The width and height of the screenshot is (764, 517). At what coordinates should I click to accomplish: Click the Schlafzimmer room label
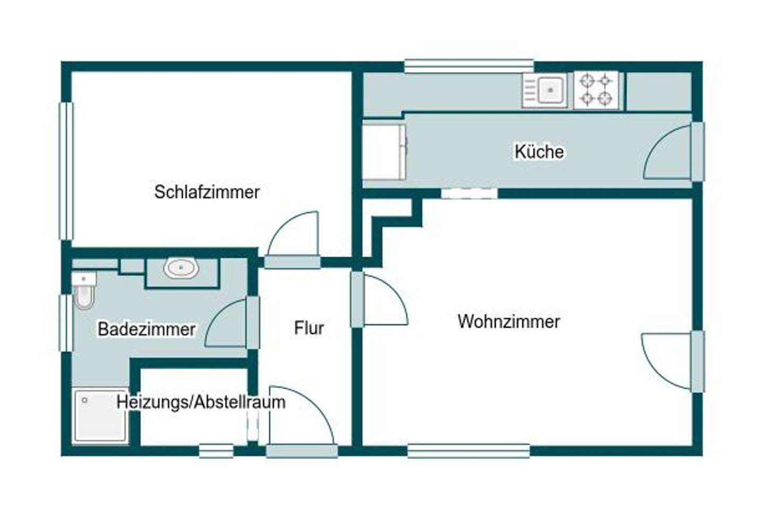[207, 192]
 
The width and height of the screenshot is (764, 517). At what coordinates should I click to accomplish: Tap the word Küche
[539, 152]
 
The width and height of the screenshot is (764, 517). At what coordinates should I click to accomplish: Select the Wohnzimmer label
[509, 321]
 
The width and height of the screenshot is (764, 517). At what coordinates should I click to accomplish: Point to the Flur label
[309, 328]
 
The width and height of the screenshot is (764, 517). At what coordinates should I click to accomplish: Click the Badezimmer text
[146, 329]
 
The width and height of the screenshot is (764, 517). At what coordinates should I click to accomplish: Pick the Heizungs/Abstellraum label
[201, 402]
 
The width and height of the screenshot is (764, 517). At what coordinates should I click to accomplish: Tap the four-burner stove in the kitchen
[596, 90]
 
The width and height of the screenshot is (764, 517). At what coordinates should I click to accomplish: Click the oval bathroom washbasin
[181, 268]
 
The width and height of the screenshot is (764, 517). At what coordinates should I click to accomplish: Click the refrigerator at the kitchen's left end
[384, 152]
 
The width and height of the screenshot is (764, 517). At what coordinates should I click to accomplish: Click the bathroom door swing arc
[227, 325]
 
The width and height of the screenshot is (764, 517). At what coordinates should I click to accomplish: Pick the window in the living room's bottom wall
[468, 451]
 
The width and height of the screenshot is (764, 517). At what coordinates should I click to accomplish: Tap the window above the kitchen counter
[468, 66]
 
